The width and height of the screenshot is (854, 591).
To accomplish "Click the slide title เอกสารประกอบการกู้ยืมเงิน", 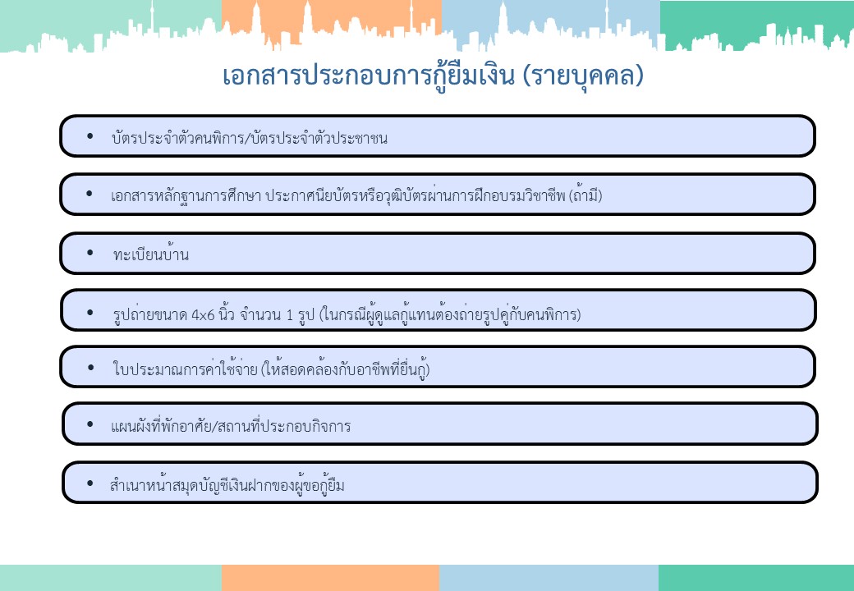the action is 368,76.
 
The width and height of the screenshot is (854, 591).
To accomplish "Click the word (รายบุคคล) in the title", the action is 583,76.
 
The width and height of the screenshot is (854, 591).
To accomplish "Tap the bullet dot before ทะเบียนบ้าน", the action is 90,253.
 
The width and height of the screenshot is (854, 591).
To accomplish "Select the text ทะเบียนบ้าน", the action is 151,254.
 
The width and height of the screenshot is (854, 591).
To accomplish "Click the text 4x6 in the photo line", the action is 203,315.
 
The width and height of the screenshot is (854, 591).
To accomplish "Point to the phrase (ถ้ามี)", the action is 585,195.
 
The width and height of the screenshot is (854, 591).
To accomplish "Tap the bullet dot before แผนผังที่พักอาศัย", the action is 90,424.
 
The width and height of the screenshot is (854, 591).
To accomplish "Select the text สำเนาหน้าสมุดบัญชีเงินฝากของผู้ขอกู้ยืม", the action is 227,484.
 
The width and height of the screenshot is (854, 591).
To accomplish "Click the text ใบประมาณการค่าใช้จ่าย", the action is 186,369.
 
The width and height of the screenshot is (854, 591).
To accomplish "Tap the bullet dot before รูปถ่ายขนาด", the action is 90,313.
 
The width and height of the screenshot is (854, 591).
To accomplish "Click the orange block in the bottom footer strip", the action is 330,578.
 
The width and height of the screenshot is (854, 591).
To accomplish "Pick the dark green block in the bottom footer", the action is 756,578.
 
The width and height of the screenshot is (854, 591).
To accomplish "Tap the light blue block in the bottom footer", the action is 549,578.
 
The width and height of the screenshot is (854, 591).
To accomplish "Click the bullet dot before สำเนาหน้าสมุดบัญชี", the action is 90,483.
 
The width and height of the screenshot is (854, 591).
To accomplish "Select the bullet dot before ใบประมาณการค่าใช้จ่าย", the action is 90,368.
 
